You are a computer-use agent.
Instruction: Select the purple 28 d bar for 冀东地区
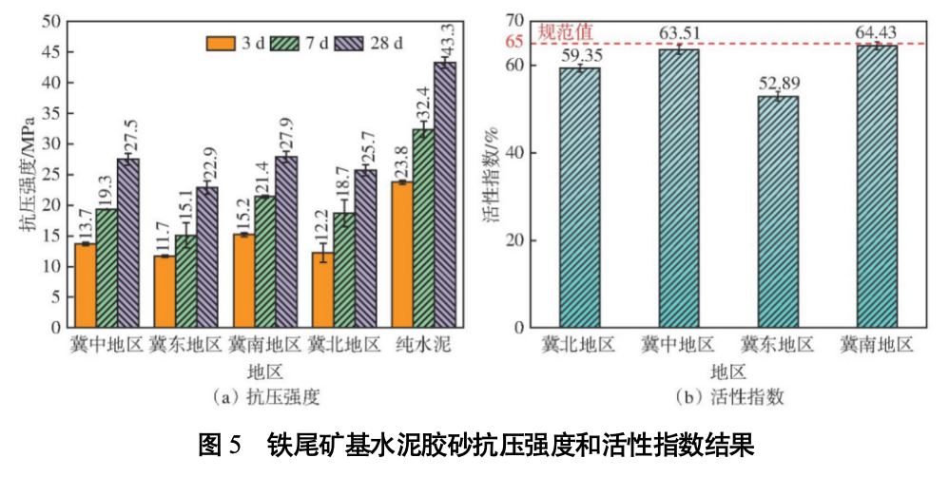coord(207,257)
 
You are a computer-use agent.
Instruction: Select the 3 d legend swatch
coord(221,43)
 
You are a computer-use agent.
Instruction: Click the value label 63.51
coord(680,35)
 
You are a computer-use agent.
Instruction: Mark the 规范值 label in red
coord(566,30)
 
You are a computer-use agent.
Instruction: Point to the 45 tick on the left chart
coord(53,51)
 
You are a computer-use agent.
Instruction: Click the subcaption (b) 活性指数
coord(728,396)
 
